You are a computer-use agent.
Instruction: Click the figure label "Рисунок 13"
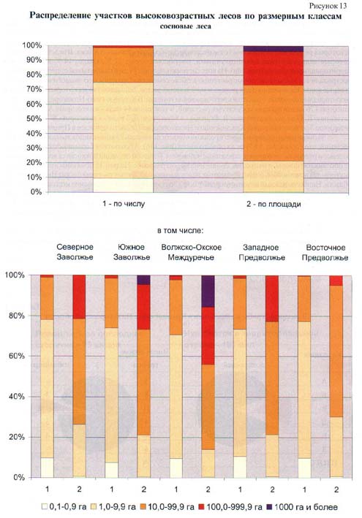[328, 6]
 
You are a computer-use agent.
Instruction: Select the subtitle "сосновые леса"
[186, 26]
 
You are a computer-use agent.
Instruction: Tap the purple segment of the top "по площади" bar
[273, 49]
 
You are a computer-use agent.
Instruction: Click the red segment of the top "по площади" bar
[273, 69]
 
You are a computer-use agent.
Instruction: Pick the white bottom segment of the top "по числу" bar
[123, 186]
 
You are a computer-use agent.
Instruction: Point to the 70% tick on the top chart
[32, 89]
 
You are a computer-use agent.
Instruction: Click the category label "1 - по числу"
[124, 204]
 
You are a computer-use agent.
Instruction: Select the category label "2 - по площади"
[274, 204]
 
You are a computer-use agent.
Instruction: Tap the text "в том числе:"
[180, 231]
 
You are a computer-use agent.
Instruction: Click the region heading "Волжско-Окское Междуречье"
[192, 252]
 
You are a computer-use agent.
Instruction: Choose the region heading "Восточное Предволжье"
[325, 252]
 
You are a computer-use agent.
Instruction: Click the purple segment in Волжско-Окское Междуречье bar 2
[208, 292]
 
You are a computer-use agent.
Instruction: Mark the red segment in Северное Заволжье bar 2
[79, 297]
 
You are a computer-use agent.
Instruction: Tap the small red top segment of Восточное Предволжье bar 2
[336, 281]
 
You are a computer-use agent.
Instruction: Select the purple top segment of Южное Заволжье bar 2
[143, 280]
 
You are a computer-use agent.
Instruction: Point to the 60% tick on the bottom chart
[17, 356]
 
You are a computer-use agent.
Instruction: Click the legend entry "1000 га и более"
[302, 507]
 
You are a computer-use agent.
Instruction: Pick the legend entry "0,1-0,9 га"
[64, 507]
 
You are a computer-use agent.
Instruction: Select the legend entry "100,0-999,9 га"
[230, 507]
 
